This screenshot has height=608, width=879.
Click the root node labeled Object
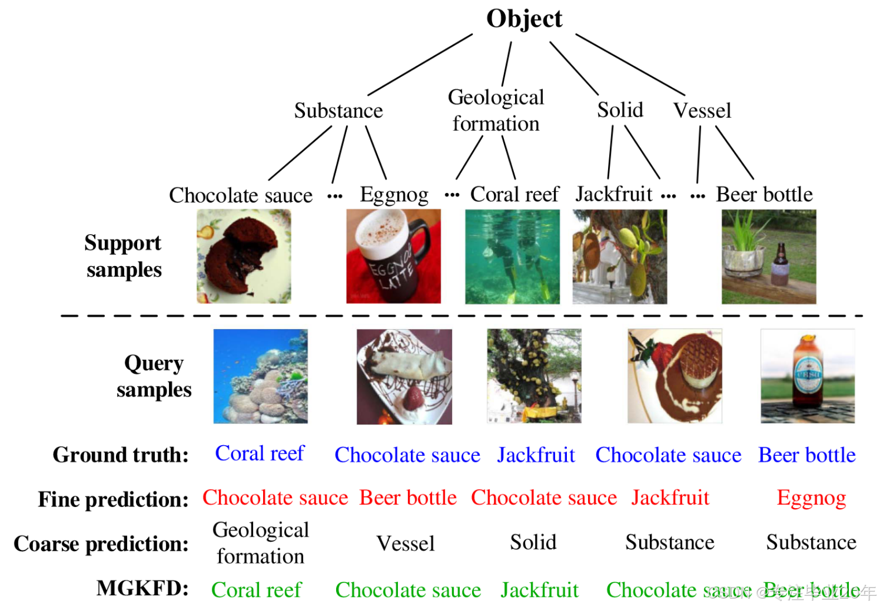pos(524,18)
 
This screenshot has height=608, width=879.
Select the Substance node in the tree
pos(338,110)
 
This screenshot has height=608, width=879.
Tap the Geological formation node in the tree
pos(496,110)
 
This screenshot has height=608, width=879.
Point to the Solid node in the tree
pos(620,110)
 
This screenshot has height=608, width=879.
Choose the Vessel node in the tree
pos(702,110)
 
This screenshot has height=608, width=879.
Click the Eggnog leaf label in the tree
pos(394,195)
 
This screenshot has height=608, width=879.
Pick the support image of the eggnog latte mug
pos(394,256)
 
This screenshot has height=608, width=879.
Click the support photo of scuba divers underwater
pos(512,256)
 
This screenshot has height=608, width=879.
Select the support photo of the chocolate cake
pos(244,256)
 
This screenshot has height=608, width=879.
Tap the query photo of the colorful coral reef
pos(260,376)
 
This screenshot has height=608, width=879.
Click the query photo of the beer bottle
pos(807,376)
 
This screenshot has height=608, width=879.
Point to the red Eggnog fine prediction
pos(811,498)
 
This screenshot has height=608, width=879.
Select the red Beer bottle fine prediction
pos(408,498)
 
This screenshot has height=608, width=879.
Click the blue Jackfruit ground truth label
pos(536,455)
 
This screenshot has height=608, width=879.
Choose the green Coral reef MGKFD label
pos(256,590)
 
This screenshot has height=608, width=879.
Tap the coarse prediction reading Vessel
pos(405,543)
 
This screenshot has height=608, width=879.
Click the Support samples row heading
pos(123,256)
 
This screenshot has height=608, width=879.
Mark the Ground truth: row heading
pos(120,455)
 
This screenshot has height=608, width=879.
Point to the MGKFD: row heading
pos(142,588)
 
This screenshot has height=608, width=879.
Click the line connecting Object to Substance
pos(420,65)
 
